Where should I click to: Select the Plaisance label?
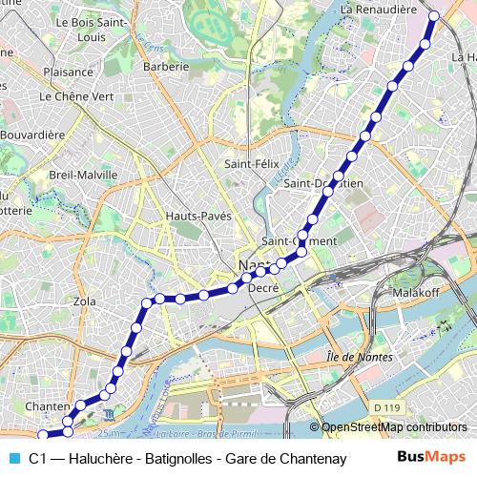coord(68,72)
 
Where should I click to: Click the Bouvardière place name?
coord(32,135)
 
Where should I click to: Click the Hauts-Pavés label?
coord(198,217)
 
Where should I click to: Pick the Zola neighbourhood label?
coord(85,301)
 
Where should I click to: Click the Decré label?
coord(261,287)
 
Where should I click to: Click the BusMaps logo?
coord(432,458)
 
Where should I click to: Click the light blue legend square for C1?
coord(12,459)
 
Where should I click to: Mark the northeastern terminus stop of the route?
coord(434,15)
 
